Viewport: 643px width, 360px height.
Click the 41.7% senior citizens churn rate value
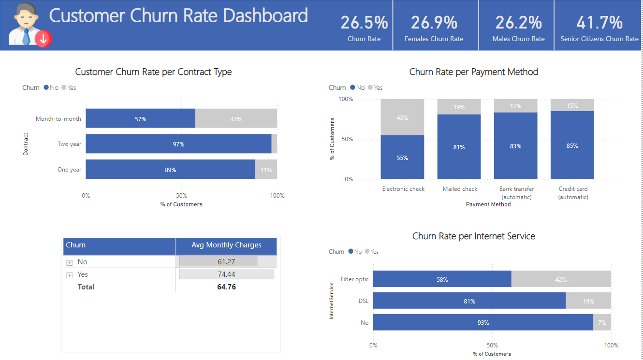click(x=599, y=23)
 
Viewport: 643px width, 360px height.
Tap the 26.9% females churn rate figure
click(x=434, y=23)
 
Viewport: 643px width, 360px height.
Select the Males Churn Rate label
click(x=518, y=39)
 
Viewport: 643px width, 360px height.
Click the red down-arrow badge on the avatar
click(x=43, y=39)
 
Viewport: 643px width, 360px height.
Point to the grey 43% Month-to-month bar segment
click(x=236, y=119)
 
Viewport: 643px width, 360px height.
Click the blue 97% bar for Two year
click(x=178, y=144)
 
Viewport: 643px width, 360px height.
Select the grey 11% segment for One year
click(x=266, y=170)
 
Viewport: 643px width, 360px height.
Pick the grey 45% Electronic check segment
click(x=402, y=117)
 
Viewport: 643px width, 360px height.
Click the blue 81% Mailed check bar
click(x=459, y=147)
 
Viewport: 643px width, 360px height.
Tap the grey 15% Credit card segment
click(x=572, y=105)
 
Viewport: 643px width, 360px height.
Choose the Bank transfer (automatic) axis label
click(x=516, y=193)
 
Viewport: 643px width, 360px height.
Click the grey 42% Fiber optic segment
click(x=561, y=279)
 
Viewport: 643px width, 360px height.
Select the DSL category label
click(x=363, y=301)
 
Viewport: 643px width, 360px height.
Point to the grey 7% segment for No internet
click(x=602, y=322)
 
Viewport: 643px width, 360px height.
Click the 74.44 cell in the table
click(x=226, y=274)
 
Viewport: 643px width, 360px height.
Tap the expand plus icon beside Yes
click(x=69, y=275)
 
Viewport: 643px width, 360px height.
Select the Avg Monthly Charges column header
click(x=226, y=245)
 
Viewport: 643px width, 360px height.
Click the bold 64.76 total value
click(x=226, y=287)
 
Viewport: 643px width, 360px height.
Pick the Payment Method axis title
click(x=488, y=204)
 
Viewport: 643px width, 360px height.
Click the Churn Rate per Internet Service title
click(x=473, y=236)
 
